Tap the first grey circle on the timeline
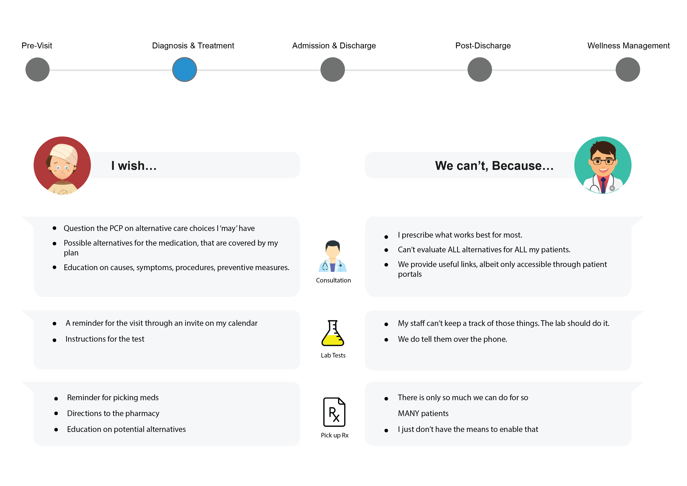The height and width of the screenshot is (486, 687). point(37,70)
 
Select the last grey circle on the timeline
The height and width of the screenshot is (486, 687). point(628,70)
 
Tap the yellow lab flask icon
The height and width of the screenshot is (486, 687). point(333,333)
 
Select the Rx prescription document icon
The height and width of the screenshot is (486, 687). point(334,412)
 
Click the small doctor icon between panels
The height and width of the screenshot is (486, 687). point(332,256)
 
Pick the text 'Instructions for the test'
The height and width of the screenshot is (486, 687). point(105,339)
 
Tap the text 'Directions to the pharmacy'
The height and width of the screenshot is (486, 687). point(113,413)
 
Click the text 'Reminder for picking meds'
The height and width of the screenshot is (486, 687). point(113,397)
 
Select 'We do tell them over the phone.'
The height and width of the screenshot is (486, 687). point(452,339)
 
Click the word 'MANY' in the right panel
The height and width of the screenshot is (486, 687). point(408,414)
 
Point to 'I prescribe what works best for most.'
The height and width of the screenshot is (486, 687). point(460,235)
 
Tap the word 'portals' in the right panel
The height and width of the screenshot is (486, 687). point(410,274)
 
